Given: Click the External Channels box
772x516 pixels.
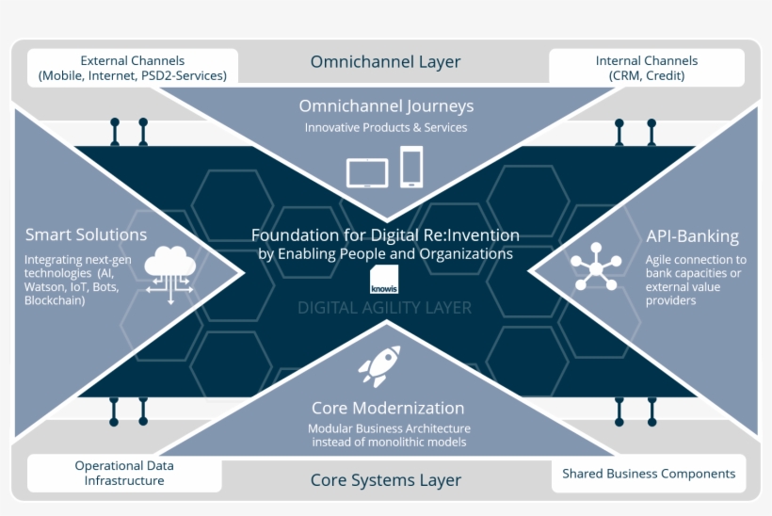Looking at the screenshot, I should [x=133, y=68].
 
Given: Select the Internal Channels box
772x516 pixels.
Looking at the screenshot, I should [x=646, y=68].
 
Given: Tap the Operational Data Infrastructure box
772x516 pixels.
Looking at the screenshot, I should [x=124, y=473].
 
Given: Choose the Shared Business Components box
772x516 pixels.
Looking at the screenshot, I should [x=649, y=474].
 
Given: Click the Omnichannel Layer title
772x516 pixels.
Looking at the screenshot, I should [x=385, y=62].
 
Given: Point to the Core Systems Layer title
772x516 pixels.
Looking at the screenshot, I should [x=385, y=480].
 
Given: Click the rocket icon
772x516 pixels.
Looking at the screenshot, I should [x=379, y=365].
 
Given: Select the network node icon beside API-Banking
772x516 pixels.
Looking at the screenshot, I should [x=595, y=266].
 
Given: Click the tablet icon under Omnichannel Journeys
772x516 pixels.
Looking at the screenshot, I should [x=367, y=172].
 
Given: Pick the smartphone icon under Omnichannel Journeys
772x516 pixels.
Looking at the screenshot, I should [x=411, y=167].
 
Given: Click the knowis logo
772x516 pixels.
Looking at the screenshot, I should [x=385, y=280].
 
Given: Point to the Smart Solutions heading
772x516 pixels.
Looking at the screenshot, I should [x=86, y=234].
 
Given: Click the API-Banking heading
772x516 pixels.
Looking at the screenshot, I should [x=692, y=236].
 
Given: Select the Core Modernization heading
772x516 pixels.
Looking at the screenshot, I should [x=388, y=408].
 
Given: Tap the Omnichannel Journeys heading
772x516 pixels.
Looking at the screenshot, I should [x=386, y=106].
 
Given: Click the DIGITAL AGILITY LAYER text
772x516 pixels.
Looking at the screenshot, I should [x=384, y=308].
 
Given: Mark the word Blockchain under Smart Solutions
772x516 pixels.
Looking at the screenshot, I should [x=55, y=300].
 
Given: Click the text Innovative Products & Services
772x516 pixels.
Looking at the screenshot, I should [x=386, y=127].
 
